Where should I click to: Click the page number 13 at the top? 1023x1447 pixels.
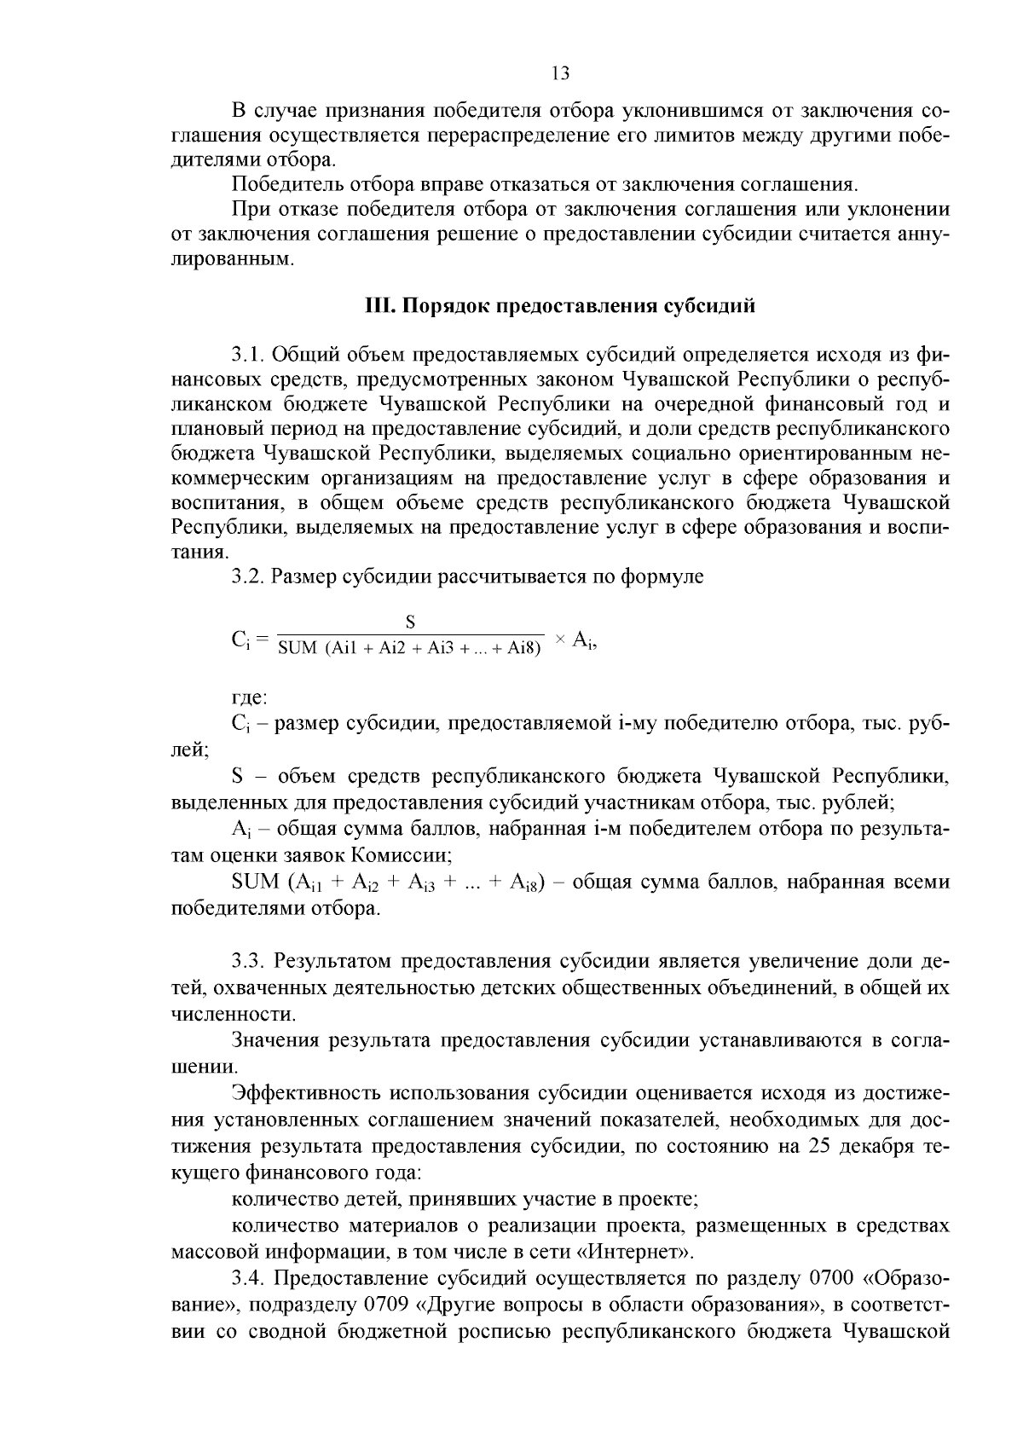coord(560,73)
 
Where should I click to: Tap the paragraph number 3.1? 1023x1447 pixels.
coord(248,354)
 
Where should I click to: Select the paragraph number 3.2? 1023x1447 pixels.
coord(248,577)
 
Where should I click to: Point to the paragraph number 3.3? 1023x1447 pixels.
coord(248,963)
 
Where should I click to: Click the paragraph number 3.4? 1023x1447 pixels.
coord(248,1278)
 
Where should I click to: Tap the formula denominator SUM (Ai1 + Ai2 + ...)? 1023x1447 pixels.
coord(410,649)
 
